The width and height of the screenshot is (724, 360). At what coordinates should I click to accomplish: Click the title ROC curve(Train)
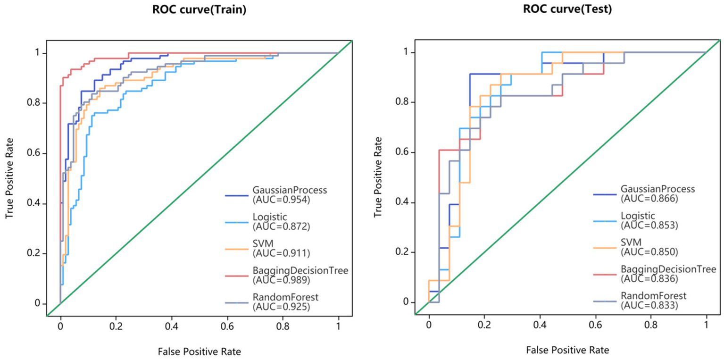199,10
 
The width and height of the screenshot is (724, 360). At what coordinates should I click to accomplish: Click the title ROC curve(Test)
567,9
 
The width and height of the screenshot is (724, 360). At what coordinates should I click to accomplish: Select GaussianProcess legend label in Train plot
290,190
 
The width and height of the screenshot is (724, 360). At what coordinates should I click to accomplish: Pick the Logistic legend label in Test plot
638,216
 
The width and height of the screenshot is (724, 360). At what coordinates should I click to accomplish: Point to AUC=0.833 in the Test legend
649,305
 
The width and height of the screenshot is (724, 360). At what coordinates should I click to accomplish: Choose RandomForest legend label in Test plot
653,296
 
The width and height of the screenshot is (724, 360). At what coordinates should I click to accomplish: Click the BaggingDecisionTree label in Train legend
300,270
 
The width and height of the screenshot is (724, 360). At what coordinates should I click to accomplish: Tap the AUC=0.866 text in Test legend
649,198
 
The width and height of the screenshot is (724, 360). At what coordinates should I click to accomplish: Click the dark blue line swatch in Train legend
237,194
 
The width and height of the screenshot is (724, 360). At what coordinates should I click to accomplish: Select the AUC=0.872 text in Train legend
282,226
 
